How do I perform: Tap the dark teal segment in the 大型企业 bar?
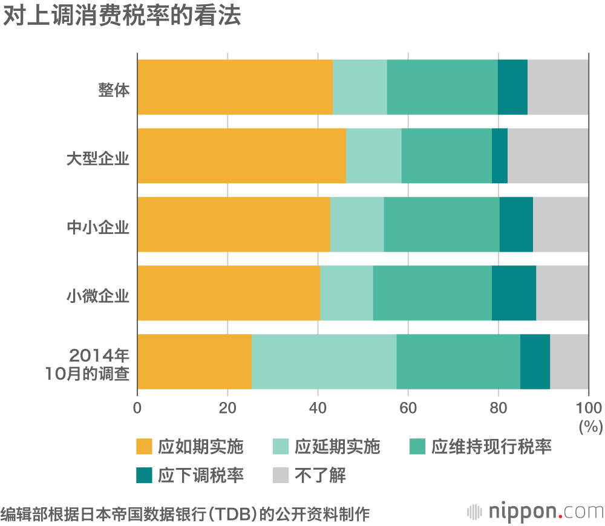point(499,156)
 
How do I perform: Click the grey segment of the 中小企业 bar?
point(560,224)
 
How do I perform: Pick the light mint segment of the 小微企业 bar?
point(346,293)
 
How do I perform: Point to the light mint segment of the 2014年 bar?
point(324,362)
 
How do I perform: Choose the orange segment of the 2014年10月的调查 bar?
point(194,362)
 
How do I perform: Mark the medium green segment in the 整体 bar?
point(442,87)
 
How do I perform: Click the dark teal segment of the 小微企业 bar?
point(514,293)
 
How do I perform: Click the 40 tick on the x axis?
point(318,406)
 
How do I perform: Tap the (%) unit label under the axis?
point(590,426)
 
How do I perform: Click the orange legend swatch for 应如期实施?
point(144,447)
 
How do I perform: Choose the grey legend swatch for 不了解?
point(281,475)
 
